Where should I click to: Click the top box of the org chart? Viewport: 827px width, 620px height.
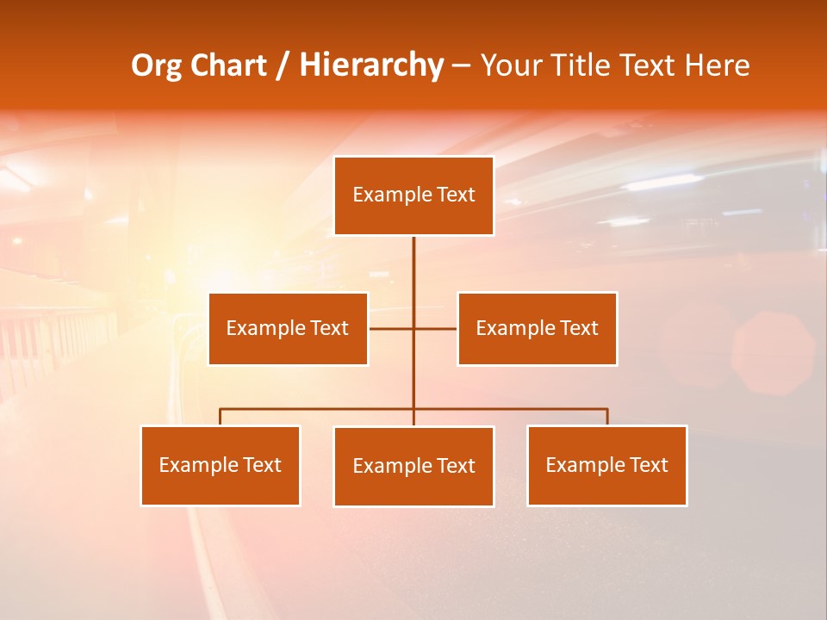[413, 195]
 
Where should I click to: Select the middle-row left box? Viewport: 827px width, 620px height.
[288, 328]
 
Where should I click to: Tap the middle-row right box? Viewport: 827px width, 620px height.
[537, 328]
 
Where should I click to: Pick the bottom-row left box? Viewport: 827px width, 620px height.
[220, 465]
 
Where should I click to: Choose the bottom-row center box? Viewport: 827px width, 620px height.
[413, 466]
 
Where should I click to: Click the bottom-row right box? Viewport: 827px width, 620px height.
[606, 465]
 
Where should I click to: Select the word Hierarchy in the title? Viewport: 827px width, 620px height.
[371, 65]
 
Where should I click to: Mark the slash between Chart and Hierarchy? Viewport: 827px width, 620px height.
[282, 65]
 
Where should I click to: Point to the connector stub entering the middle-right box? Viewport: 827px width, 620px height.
[437, 328]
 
